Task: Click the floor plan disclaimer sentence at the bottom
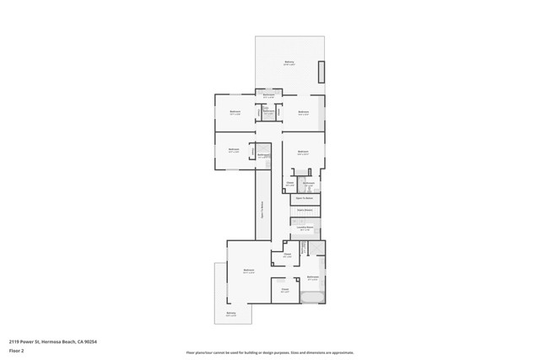[270, 352]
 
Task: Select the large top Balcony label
[289, 63]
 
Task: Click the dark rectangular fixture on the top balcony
[320, 72]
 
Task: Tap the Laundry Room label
[305, 228]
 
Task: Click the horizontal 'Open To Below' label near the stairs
[305, 198]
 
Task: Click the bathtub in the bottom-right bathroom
[312, 298]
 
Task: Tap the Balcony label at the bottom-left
[230, 314]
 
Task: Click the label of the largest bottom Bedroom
[248, 271]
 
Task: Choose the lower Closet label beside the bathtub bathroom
[285, 291]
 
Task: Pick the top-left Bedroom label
[235, 112]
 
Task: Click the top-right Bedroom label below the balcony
[303, 112]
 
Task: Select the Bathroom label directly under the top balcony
[268, 95]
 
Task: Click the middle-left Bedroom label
[233, 151]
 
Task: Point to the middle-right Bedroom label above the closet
[302, 153]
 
